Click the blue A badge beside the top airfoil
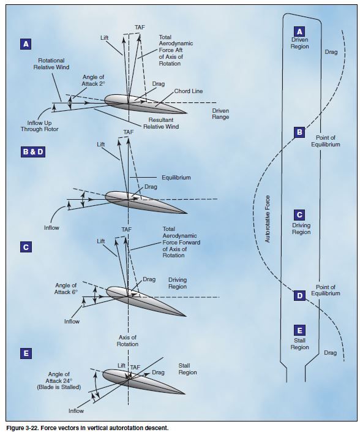coord(26,44)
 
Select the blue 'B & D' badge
coord(32,152)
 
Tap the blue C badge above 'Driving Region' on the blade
coord(299,214)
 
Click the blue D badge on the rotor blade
coord(299,296)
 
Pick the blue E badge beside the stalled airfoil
coord(26,354)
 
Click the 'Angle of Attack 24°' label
coord(59,380)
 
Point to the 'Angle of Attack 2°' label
coord(93,80)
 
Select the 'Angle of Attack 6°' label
coord(66,289)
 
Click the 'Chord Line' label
coord(189,91)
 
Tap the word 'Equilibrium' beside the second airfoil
coord(176,178)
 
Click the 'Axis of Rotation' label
coord(127,341)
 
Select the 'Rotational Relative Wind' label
coord(51,64)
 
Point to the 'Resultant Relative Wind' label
coord(161,123)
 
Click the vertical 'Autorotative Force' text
coord(268,219)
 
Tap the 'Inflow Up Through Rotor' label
coord(39,126)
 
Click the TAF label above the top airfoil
coord(140,27)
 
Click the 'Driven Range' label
coord(220,114)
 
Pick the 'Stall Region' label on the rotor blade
coord(299,344)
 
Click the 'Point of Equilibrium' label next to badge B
coord(325,141)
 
